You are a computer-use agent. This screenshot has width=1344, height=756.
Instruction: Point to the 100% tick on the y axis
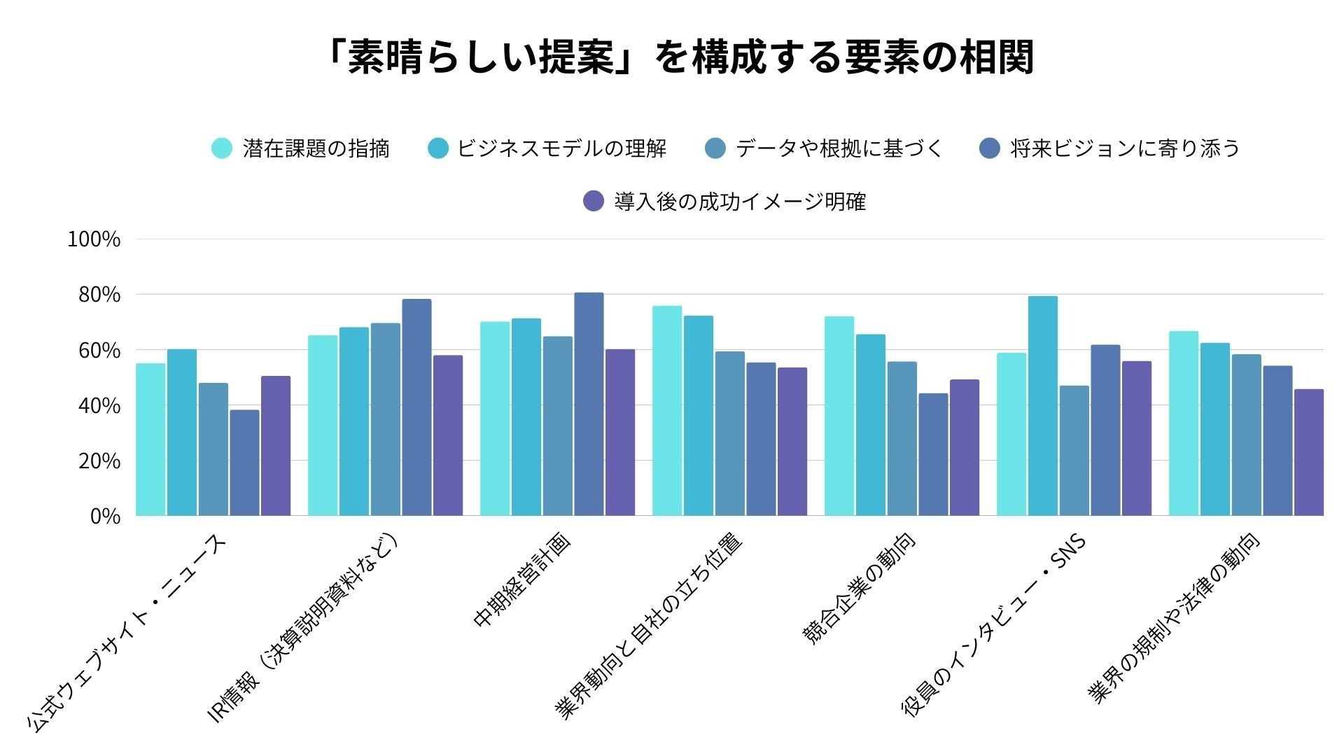pos(94,239)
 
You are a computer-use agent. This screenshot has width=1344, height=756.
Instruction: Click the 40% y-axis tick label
pos(99,406)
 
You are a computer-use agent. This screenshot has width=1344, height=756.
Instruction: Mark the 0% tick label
pos(106,517)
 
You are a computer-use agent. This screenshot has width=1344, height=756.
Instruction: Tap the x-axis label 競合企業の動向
pos(859,588)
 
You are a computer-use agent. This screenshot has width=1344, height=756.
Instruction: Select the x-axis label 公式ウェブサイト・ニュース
pos(127,634)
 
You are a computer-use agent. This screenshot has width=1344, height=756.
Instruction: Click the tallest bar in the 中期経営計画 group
pos(589,405)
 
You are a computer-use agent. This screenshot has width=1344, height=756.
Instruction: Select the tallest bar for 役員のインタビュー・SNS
pos(1043,406)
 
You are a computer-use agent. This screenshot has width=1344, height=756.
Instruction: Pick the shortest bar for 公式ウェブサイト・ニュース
pos(244,463)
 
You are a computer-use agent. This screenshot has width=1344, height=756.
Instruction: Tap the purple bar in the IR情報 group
pos(448,435)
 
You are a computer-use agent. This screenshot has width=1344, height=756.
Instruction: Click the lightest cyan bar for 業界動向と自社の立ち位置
pos(667,411)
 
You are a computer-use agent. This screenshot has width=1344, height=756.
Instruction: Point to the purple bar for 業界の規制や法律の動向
pos(1309,452)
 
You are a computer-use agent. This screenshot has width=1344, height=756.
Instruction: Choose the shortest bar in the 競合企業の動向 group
pos(933,455)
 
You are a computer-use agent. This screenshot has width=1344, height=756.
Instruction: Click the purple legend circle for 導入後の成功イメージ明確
pos(594,202)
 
